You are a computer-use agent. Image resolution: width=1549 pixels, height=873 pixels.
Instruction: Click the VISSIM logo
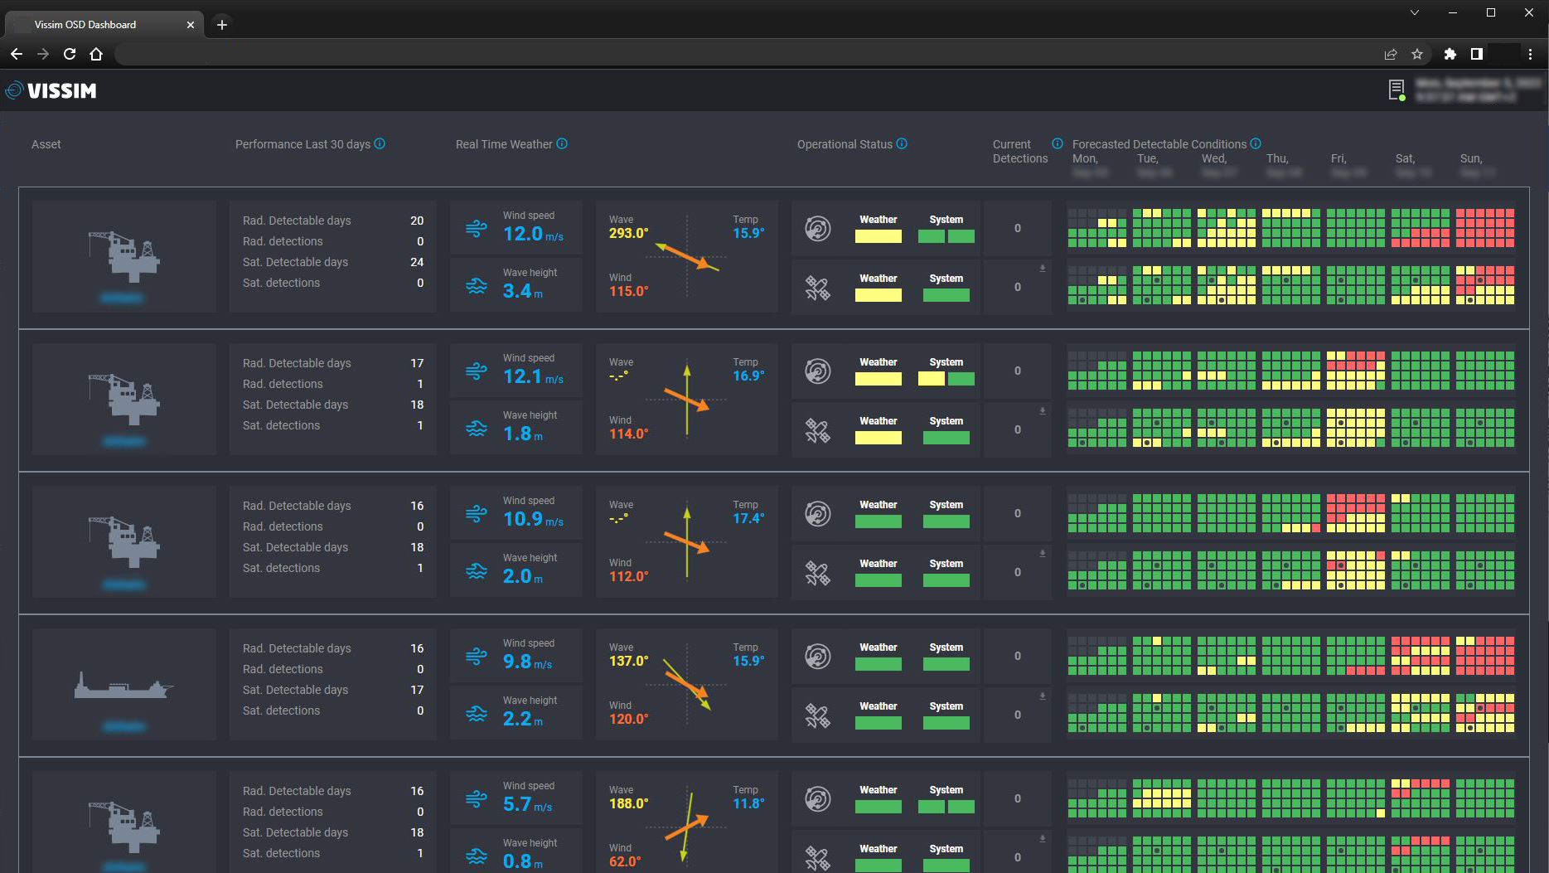[x=51, y=90]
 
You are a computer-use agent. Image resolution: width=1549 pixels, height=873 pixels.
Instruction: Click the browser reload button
[x=70, y=54]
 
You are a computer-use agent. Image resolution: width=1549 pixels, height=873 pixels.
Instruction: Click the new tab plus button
[x=221, y=25]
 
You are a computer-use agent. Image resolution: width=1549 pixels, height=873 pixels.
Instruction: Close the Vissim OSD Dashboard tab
[x=191, y=25]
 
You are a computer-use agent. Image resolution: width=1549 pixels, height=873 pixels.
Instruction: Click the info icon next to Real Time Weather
[x=562, y=143]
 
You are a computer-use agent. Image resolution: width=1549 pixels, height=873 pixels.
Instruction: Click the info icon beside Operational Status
[x=902, y=143]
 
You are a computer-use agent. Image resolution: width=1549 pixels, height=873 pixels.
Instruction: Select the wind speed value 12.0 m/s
[x=532, y=235]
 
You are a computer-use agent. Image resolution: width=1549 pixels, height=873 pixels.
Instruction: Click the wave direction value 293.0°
[x=628, y=234]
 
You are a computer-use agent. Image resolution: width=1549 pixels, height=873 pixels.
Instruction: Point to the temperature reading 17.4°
[x=748, y=519]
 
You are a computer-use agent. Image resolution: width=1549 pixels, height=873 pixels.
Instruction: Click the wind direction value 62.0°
[x=624, y=861]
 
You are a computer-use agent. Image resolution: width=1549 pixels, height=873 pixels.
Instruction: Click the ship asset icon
[x=123, y=686]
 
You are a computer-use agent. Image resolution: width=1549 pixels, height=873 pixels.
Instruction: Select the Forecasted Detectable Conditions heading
[x=1159, y=144]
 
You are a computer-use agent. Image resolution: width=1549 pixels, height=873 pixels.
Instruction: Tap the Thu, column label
[x=1277, y=158]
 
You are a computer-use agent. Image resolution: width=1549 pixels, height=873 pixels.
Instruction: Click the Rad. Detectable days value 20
[x=416, y=221]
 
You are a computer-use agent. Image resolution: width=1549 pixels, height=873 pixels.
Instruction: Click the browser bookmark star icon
[x=1417, y=54]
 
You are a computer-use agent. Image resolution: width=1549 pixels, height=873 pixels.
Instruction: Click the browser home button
[x=96, y=54]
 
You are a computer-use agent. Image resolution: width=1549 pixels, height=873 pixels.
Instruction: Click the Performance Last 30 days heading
[x=303, y=144]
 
